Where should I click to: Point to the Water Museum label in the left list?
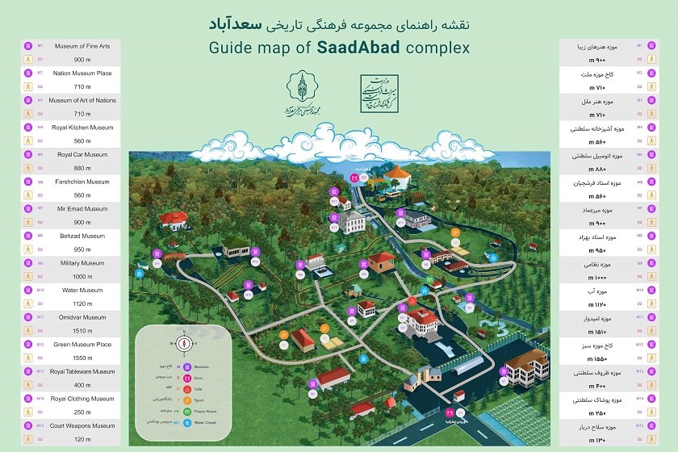tap(82, 290)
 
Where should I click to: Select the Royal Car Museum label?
tap(82, 154)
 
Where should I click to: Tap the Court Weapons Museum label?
tap(82, 425)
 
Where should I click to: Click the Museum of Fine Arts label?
tap(82, 46)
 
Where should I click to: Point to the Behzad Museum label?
tap(82, 236)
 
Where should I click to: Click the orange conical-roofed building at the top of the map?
tap(398, 175)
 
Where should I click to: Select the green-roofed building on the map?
tap(236, 247)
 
